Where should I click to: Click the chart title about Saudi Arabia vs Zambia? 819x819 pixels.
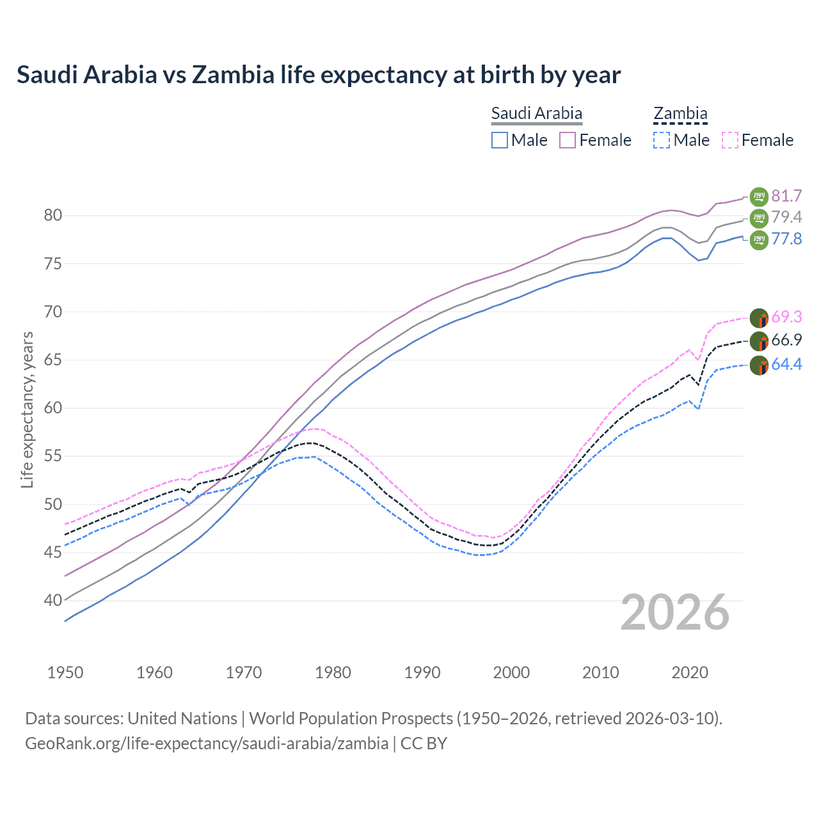click(x=318, y=75)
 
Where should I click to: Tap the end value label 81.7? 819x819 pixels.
click(x=786, y=196)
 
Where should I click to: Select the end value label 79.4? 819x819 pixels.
click(x=786, y=218)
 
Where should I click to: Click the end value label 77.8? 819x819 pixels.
click(x=786, y=239)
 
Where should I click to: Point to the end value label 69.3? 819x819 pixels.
click(x=786, y=317)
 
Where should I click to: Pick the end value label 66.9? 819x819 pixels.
click(x=786, y=340)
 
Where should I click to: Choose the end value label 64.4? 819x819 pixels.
click(x=786, y=365)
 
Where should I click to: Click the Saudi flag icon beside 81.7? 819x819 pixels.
click(x=759, y=196)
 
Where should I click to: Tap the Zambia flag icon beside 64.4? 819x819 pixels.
click(x=759, y=365)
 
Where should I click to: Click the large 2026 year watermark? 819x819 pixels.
click(x=675, y=613)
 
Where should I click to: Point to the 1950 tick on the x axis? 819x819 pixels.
click(x=65, y=672)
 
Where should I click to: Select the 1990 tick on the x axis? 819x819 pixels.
click(x=422, y=672)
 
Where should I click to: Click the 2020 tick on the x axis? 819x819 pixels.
click(x=690, y=672)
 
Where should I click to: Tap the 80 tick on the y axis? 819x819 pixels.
click(x=53, y=216)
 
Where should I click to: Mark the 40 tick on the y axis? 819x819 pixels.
click(x=53, y=601)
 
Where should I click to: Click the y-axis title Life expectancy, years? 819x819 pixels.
click(x=27, y=409)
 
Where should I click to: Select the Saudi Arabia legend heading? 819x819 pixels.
click(x=536, y=114)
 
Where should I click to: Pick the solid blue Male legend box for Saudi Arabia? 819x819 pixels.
click(x=500, y=140)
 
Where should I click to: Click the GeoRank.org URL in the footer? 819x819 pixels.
click(x=207, y=743)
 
